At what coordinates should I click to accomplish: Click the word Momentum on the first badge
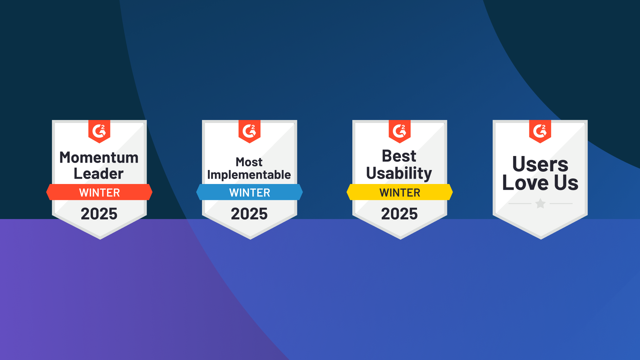pos(99,157)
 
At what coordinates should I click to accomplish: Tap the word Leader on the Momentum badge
pos(99,174)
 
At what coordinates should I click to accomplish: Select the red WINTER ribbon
pos(99,192)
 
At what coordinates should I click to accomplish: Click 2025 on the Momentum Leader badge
pos(99,214)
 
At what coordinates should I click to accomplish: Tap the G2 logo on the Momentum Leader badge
pos(99,131)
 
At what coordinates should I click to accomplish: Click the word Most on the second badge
pos(249,162)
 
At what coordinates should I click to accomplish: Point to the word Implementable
pos(249,175)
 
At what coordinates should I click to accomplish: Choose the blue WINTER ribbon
pos(250,192)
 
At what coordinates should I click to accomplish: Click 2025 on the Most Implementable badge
pos(249,214)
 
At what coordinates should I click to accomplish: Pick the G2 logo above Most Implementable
pos(249,131)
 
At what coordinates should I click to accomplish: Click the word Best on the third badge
pos(399,156)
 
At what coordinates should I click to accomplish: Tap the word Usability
pos(399,173)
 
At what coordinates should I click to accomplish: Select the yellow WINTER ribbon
pos(400,192)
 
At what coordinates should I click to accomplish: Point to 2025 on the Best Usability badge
pos(399,214)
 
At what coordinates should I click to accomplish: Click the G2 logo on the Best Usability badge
pos(399,131)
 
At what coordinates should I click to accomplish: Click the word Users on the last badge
pos(540,164)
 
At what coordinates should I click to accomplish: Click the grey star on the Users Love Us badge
pos(540,203)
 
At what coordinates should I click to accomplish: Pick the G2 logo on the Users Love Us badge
pos(540,131)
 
